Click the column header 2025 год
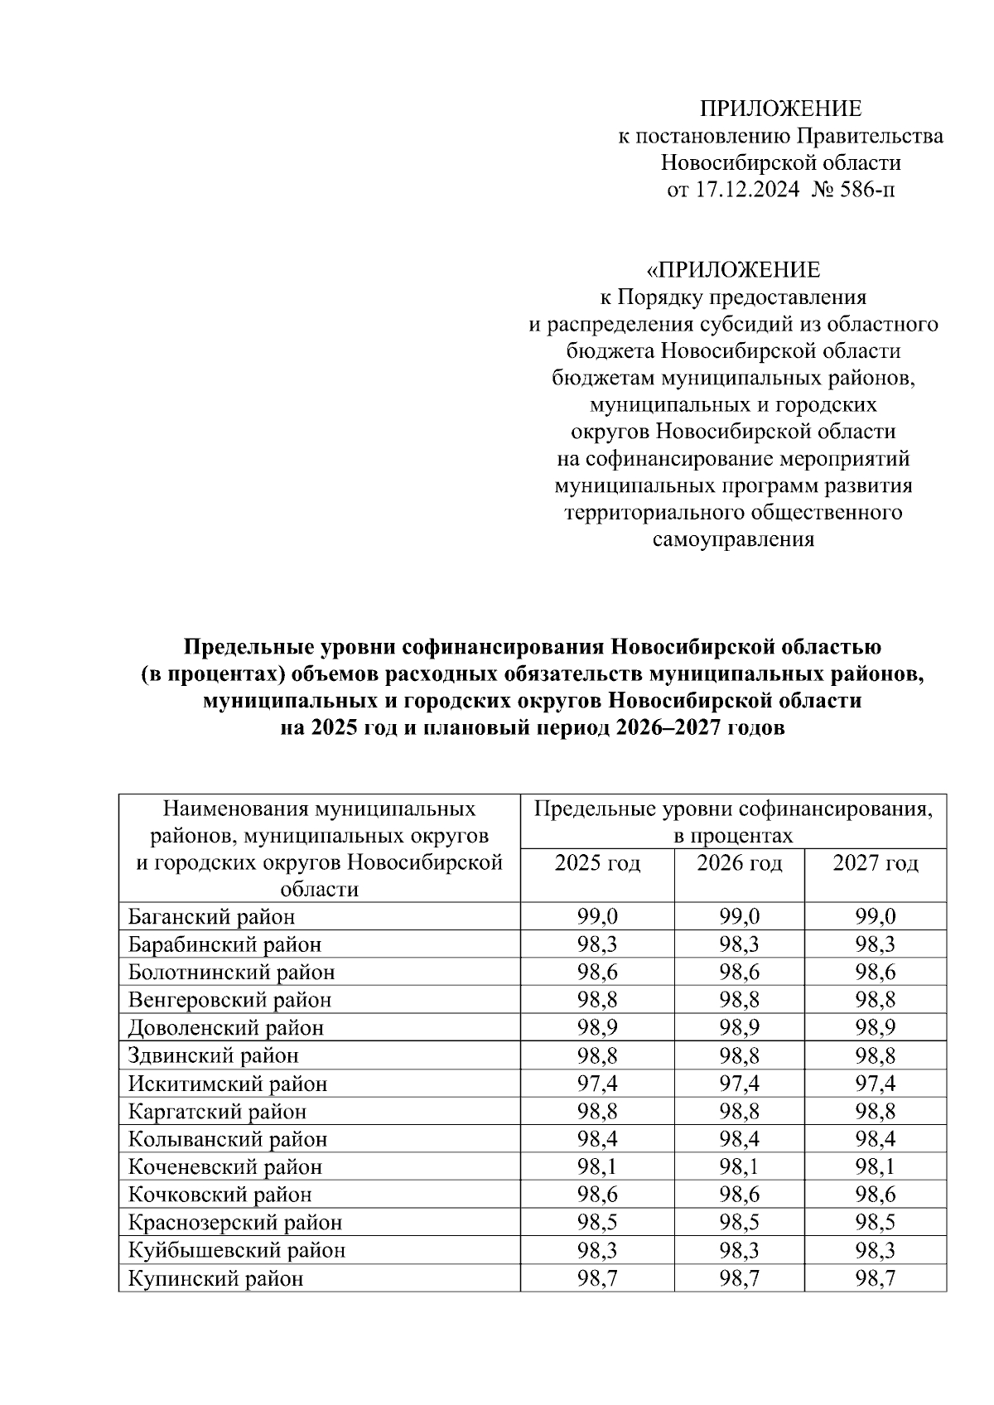[x=597, y=863]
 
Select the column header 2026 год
[x=739, y=863]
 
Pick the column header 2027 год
[x=876, y=863]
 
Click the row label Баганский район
[x=211, y=916]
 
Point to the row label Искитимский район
[x=228, y=1084]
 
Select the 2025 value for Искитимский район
[x=597, y=1084]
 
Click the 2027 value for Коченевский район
[x=876, y=1166]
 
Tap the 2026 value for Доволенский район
[x=739, y=1027]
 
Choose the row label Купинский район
[x=215, y=1278]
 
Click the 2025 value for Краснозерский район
[x=597, y=1222]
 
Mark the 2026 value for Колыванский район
[x=739, y=1139]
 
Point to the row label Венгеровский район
[x=229, y=1000]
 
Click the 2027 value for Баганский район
[x=876, y=916]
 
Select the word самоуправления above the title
[x=733, y=540]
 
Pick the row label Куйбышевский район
[x=236, y=1250]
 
